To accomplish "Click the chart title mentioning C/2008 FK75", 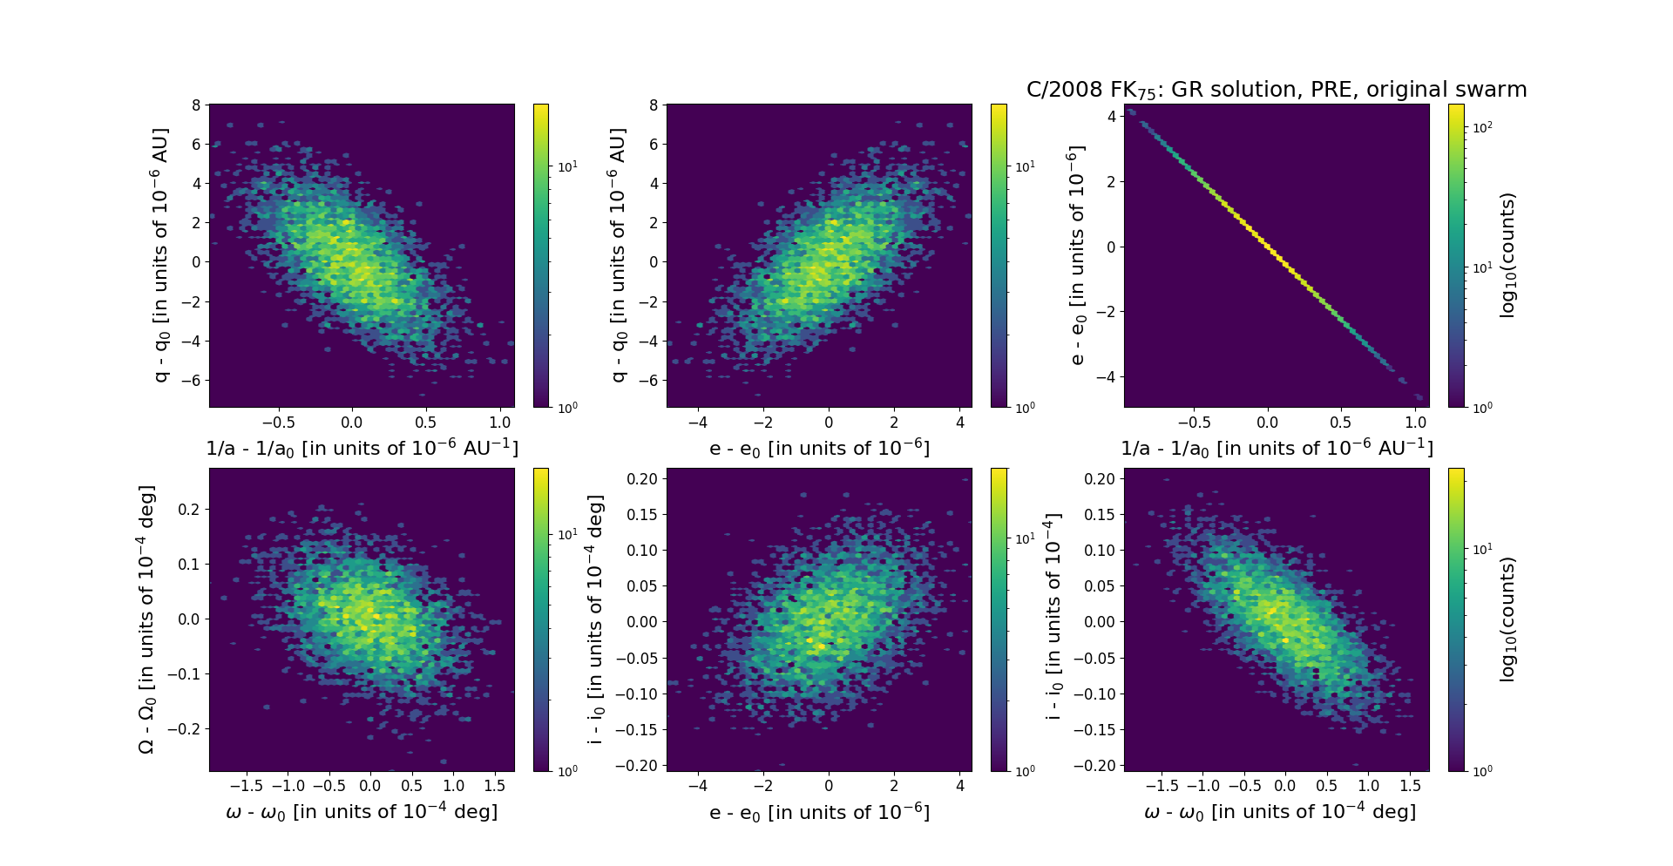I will (1276, 90).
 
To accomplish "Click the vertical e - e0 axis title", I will (1077, 255).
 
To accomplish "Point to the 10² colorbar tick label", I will (1481, 127).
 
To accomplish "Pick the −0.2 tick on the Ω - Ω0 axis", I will (186, 729).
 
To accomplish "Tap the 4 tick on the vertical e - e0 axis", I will (1111, 116).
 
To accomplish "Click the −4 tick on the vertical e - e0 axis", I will (1107, 377).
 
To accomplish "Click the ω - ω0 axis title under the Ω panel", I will (362, 812).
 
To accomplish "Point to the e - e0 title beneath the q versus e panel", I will (819, 448).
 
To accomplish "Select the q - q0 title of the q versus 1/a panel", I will (160, 255).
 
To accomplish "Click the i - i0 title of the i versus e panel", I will (596, 619).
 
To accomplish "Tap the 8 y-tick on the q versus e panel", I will (654, 105).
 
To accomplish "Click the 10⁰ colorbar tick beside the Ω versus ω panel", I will (566, 771).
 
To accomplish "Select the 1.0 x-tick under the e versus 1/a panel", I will (1416, 423).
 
